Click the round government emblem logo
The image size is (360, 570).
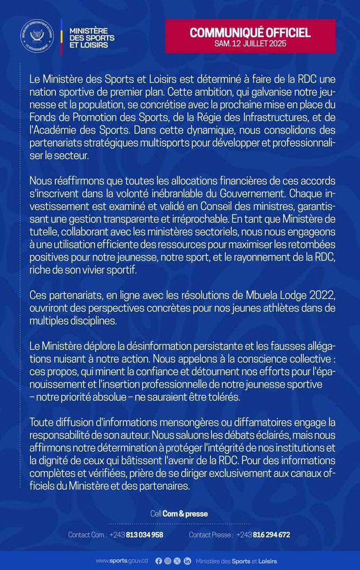[37, 35]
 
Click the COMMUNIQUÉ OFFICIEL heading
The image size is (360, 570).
[250, 33]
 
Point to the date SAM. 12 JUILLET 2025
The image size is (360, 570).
[250, 44]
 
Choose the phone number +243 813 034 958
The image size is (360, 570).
[136, 535]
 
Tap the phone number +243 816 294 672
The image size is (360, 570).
[263, 535]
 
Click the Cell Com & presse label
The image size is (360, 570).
[179, 514]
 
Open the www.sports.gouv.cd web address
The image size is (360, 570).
[121, 561]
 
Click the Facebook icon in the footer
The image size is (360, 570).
[158, 561]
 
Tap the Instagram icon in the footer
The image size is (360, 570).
[168, 561]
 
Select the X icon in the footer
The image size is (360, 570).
[177, 561]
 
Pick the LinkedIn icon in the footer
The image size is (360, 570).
[187, 561]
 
